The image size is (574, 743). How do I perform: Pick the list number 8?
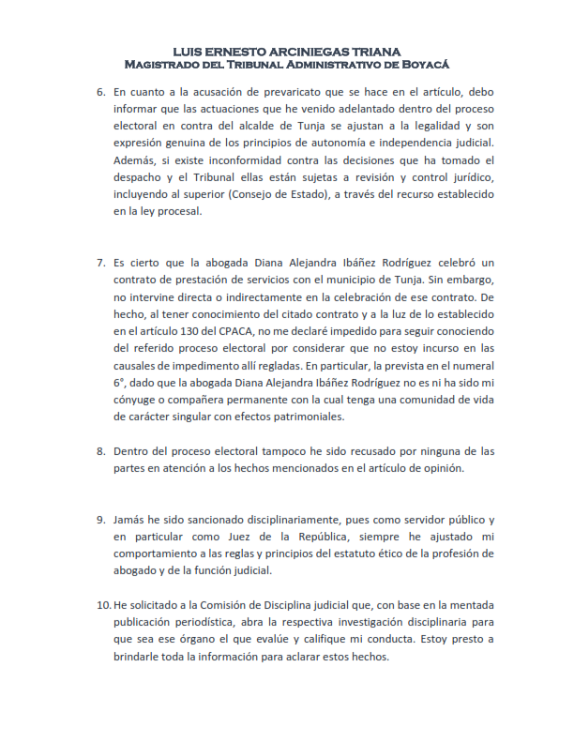[x=101, y=451]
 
